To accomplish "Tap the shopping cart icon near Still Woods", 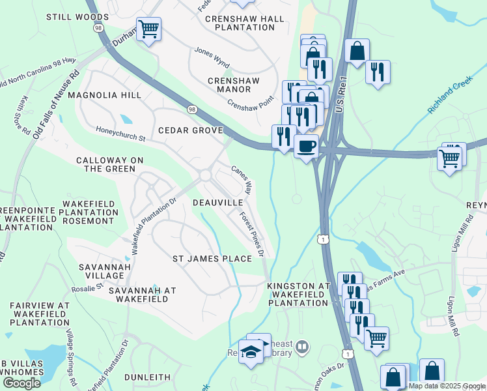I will pos(149,29).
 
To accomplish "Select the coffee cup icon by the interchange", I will pos(306,146).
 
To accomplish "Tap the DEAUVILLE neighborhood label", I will pos(218,203).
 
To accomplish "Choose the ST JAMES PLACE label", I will pos(212,259).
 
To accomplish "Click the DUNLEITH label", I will pos(148,377).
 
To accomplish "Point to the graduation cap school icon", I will pos(251,353).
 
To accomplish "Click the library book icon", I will pos(301,347).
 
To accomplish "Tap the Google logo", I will pos(21,383).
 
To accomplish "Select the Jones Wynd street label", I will pos(212,57).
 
